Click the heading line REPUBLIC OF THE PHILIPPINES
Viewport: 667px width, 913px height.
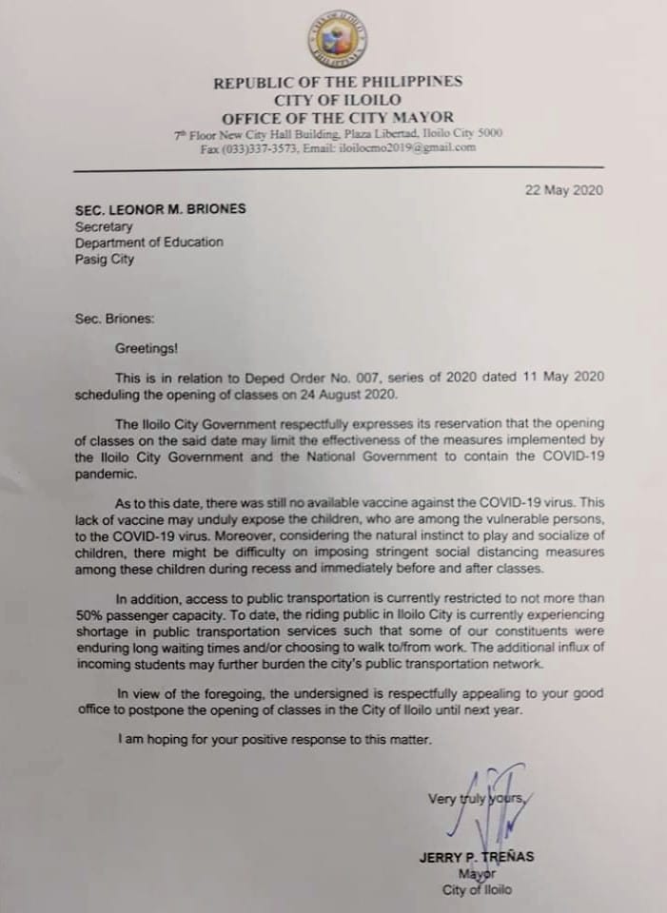click(x=338, y=83)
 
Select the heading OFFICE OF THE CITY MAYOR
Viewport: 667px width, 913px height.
click(x=338, y=118)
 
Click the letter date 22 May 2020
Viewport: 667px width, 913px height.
click(x=563, y=190)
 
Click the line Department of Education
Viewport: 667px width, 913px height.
click(x=149, y=242)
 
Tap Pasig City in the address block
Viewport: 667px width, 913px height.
click(x=105, y=259)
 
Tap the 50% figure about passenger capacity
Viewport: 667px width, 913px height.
click(x=93, y=614)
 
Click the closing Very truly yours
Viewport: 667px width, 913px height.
click(x=476, y=799)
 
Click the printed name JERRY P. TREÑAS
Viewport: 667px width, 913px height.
click(x=476, y=857)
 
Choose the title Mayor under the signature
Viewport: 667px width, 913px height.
click(x=477, y=873)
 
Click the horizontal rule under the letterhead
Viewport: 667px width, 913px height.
click(x=338, y=169)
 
